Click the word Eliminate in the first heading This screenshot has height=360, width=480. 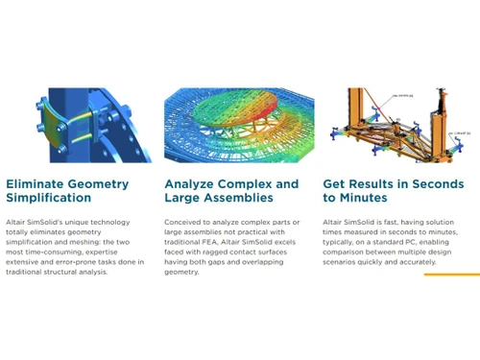click(x=36, y=183)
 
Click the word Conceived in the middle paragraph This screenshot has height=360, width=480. click(x=185, y=222)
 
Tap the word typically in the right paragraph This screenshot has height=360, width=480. click(x=344, y=243)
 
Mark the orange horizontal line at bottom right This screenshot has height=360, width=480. click(x=451, y=275)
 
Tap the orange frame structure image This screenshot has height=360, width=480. click(x=394, y=123)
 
